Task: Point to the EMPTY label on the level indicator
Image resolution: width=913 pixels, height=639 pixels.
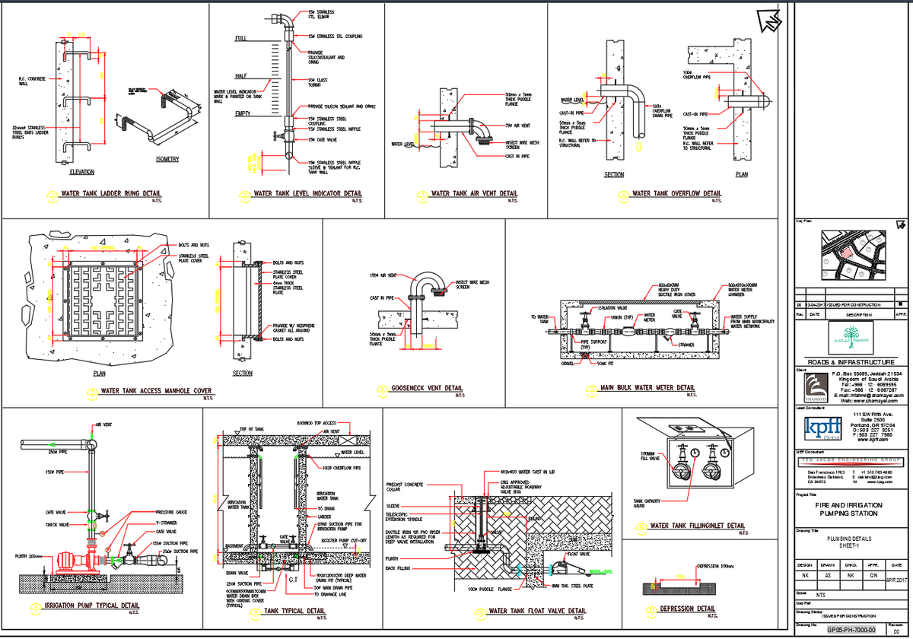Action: coord(243,113)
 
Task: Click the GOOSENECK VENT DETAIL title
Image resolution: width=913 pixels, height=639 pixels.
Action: coord(426,388)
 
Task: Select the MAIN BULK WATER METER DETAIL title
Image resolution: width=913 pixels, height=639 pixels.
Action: coord(647,388)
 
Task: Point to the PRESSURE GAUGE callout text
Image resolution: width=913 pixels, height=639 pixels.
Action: coord(171,512)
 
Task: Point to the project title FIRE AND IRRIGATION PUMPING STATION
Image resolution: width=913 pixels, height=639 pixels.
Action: coord(850,509)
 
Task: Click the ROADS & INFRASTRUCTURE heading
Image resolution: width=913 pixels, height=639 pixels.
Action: coord(850,361)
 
